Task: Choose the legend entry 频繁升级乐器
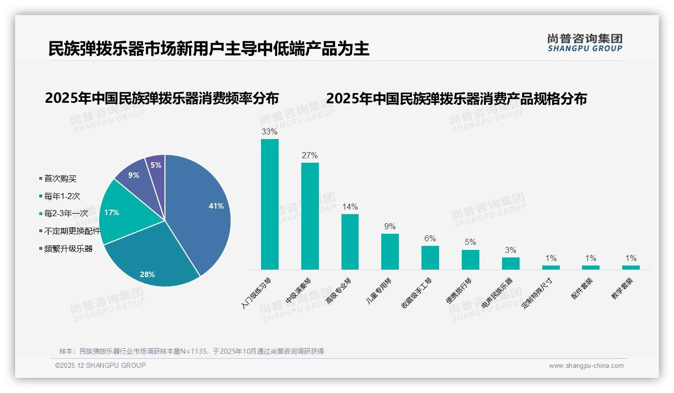68,248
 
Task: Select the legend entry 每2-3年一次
66,214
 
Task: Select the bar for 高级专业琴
350,242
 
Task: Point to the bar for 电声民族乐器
511,264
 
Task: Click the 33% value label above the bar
270,132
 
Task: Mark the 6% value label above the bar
430,238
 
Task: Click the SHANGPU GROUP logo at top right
584,43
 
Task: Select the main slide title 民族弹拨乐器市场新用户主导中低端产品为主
209,49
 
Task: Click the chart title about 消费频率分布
161,98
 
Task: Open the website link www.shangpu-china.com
586,366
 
